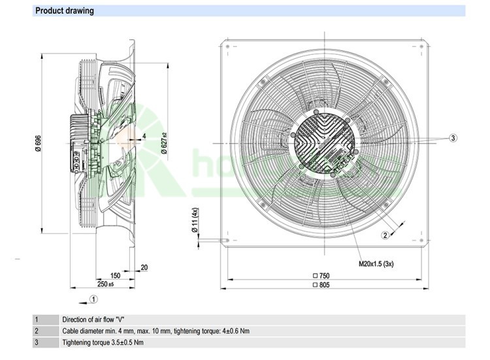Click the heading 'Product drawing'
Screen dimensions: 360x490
(x=64, y=10)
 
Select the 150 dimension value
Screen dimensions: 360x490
(x=115, y=276)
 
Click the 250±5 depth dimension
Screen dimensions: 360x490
(x=106, y=284)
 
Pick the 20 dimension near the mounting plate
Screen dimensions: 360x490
(x=144, y=267)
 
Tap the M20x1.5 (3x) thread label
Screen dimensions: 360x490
(x=376, y=264)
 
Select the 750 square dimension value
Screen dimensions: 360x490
(x=323, y=276)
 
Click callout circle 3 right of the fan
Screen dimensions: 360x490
(x=453, y=138)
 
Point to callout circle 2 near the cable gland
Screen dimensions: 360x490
(x=385, y=235)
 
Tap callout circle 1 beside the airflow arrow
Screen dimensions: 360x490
(x=93, y=299)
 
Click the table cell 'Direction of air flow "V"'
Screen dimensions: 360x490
(x=93, y=320)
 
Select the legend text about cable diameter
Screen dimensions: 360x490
(x=155, y=331)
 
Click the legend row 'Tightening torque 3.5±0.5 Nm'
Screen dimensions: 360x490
(x=103, y=342)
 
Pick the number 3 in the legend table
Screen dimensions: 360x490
(x=37, y=342)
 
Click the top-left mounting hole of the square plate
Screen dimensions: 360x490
(x=226, y=48)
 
